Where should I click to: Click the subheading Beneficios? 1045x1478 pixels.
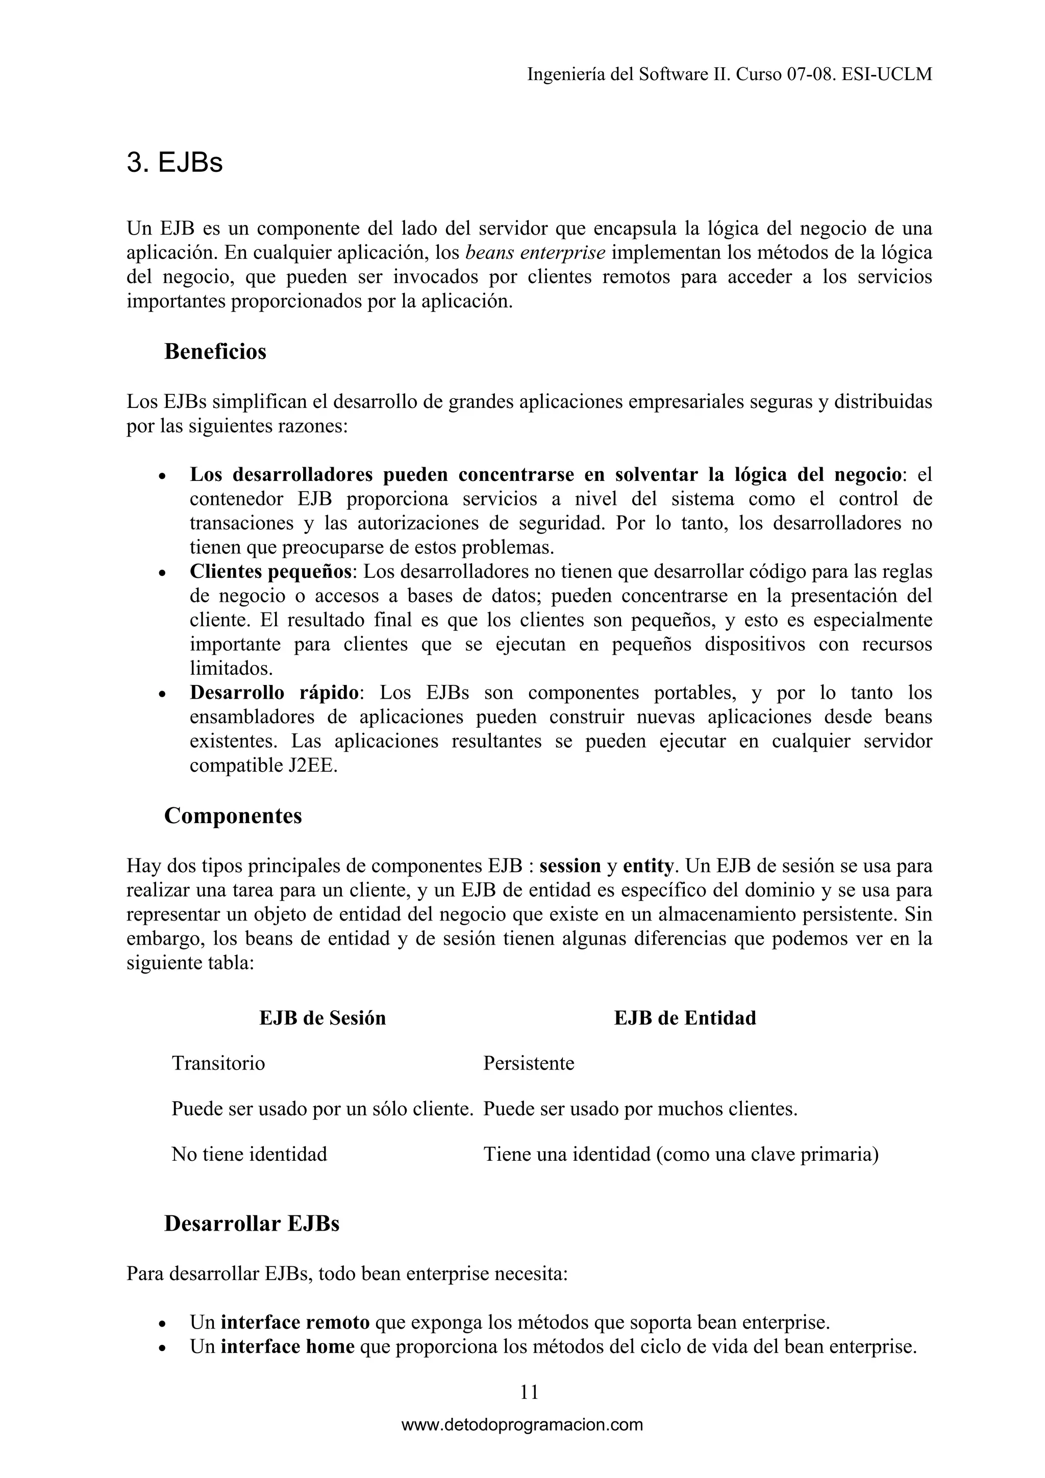(215, 351)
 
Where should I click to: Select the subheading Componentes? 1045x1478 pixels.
(233, 816)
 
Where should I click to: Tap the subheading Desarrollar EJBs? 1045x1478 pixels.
(251, 1223)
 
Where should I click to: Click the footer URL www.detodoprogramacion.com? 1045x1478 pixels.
(522, 1424)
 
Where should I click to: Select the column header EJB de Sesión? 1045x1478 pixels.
(322, 1018)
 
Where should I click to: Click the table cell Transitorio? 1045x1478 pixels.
(218, 1063)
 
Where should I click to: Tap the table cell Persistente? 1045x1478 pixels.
(529, 1063)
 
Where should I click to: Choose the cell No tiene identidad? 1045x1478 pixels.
(249, 1154)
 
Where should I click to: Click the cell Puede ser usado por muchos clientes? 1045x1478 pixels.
(640, 1109)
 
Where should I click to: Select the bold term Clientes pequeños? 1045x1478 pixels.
(271, 572)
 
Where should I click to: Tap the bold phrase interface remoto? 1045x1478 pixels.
(295, 1322)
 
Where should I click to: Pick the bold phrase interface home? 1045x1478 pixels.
(287, 1346)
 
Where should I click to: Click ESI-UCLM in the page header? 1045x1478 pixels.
(887, 74)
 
